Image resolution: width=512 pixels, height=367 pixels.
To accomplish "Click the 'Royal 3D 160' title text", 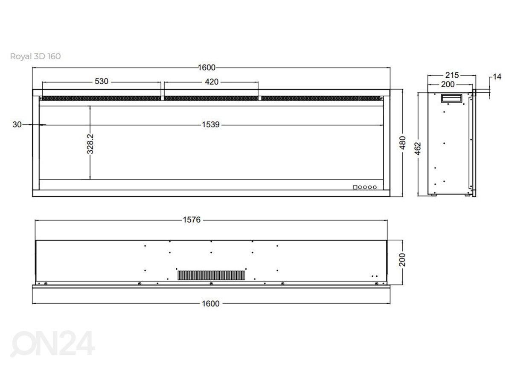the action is [35, 56].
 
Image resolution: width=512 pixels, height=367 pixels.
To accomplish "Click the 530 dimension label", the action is [102, 81].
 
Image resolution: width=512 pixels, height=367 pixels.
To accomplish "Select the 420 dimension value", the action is [212, 82].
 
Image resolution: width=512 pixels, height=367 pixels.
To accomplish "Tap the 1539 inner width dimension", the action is [210, 125].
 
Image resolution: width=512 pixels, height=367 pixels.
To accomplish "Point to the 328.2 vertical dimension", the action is [90, 144].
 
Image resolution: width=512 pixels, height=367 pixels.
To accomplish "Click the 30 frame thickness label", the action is [17, 125].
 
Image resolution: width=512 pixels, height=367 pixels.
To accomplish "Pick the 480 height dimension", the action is [402, 143].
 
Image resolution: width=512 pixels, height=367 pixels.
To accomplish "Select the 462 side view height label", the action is [418, 149].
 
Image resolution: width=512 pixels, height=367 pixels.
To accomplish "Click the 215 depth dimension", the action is [452, 75].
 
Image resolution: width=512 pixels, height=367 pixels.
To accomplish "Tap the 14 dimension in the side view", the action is [497, 77].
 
